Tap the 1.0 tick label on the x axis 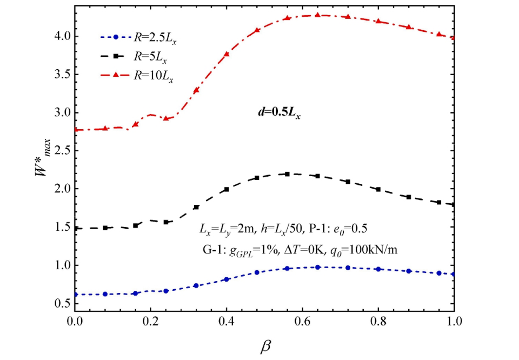pos(454,319)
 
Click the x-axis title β pos(265,345)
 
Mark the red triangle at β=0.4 pos(227,54)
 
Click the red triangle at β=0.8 pos(378,21)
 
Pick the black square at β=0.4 pos(227,190)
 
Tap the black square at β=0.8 pos(378,189)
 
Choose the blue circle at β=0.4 pos(227,279)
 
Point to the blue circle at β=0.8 pos(378,269)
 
